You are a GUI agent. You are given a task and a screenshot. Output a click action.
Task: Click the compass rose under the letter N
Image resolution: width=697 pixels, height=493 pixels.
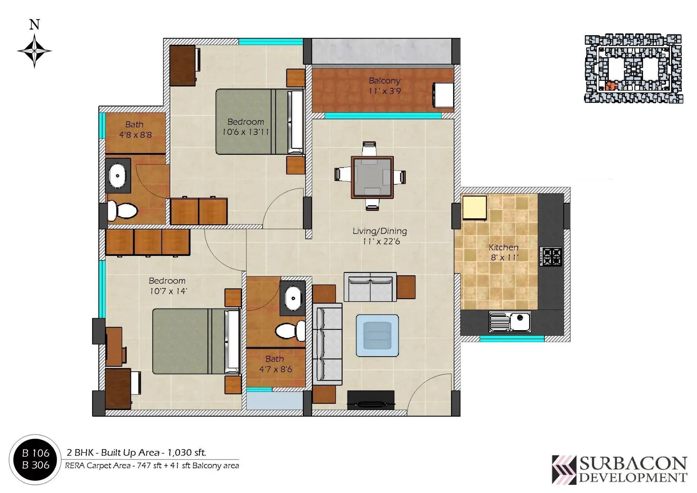pyautogui.click(x=34, y=51)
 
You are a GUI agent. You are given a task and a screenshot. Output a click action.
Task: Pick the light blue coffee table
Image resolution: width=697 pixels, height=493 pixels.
pyautogui.click(x=377, y=335)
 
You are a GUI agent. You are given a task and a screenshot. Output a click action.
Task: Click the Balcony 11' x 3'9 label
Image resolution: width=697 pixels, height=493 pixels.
pyautogui.click(x=384, y=86)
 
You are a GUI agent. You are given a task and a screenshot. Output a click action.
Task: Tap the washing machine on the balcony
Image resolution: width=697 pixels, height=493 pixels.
pyautogui.click(x=443, y=95)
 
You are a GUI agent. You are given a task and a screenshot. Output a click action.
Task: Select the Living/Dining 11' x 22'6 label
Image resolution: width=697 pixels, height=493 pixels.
pyautogui.click(x=380, y=236)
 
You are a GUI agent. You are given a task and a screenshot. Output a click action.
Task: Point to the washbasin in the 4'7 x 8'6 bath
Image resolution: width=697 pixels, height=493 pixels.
pyautogui.click(x=293, y=298)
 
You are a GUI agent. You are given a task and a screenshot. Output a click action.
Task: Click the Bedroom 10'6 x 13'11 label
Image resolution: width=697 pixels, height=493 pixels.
pyautogui.click(x=246, y=127)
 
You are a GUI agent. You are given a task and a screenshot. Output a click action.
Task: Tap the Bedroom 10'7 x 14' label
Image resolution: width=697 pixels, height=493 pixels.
pyautogui.click(x=167, y=286)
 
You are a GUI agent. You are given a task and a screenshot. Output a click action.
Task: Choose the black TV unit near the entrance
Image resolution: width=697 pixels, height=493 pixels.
pyautogui.click(x=371, y=400)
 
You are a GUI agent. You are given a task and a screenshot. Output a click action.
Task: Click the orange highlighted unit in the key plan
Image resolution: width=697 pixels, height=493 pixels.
pyautogui.click(x=610, y=86)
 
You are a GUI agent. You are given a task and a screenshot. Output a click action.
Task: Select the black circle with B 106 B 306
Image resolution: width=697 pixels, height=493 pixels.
pyautogui.click(x=35, y=459)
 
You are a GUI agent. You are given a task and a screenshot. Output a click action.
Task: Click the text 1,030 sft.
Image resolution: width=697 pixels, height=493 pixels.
pyautogui.click(x=187, y=453)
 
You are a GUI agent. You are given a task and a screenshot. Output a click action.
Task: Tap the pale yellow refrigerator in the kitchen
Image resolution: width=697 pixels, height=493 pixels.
pyautogui.click(x=474, y=208)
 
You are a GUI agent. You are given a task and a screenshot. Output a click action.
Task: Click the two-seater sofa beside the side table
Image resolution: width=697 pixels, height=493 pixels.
pyautogui.click(x=370, y=287)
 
